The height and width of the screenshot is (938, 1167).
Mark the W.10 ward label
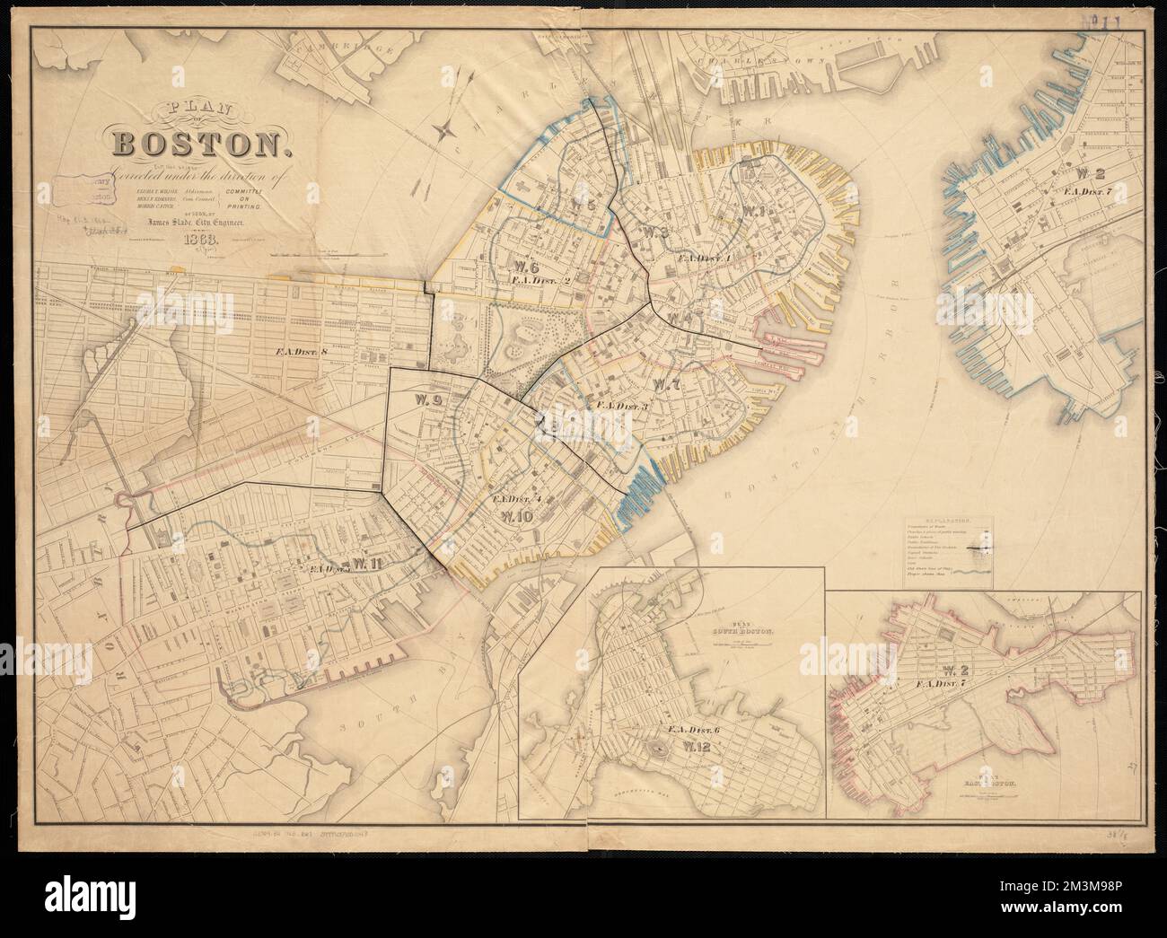(518, 516)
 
